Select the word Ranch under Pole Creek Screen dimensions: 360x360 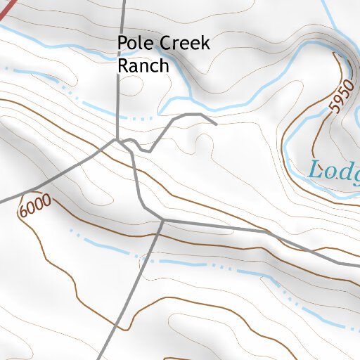click(x=143, y=66)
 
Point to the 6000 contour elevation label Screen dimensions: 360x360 click(x=35, y=206)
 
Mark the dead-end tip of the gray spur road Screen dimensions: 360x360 click(x=216, y=124)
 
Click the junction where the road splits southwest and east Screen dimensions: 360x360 click(x=163, y=220)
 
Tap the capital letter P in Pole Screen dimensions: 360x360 click(x=123, y=44)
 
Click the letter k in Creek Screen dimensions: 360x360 click(x=205, y=44)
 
